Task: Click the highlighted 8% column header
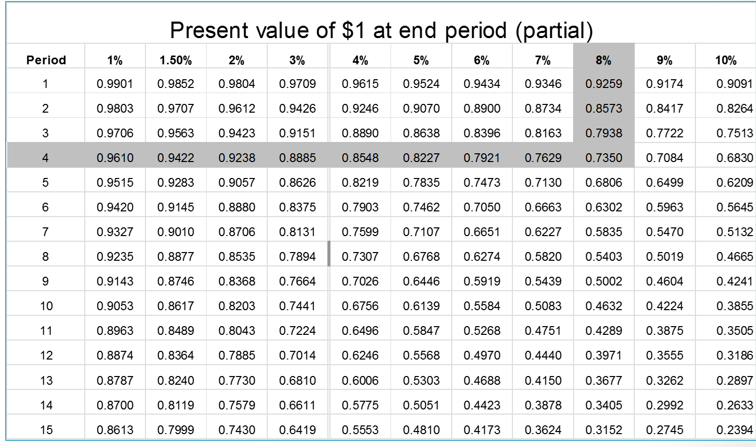(x=603, y=60)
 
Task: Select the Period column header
(x=46, y=60)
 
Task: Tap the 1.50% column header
(x=176, y=60)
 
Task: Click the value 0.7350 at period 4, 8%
(x=603, y=158)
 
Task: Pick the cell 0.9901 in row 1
(x=115, y=84)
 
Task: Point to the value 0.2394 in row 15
(x=734, y=430)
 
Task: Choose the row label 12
(x=46, y=355)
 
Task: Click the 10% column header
(x=726, y=60)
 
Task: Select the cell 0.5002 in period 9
(x=603, y=281)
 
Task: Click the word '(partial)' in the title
(x=554, y=30)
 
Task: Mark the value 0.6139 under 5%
(x=421, y=306)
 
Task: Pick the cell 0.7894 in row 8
(x=297, y=257)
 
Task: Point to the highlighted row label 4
(x=45, y=158)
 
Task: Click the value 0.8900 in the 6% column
(x=482, y=109)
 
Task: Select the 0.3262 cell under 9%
(x=665, y=381)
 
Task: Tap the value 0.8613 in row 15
(x=115, y=430)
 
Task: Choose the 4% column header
(x=360, y=60)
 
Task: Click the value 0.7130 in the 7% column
(x=543, y=183)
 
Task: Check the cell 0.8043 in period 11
(x=236, y=331)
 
